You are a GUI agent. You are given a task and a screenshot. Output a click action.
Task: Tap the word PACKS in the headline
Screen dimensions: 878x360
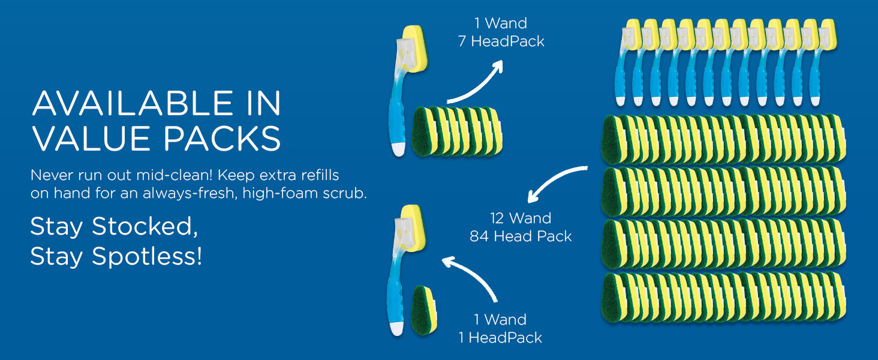point(222,139)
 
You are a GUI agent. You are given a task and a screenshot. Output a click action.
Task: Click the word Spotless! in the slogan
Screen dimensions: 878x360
point(147,256)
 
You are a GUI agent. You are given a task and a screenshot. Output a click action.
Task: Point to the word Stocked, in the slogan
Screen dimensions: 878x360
point(145,227)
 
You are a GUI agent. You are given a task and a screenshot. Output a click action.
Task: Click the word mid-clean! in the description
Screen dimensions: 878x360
point(175,175)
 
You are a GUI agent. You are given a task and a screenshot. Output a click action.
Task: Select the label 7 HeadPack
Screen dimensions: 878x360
point(501,41)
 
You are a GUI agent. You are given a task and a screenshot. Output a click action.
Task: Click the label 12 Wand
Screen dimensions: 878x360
point(521,218)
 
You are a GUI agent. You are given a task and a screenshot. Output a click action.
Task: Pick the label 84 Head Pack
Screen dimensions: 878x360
point(521,236)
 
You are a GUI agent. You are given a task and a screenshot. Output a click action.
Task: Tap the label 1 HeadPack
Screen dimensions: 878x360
point(500,338)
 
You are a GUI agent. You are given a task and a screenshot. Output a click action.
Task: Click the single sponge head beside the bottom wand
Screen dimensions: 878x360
point(424,311)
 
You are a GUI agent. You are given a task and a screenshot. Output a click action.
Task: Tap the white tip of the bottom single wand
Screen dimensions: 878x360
point(398,329)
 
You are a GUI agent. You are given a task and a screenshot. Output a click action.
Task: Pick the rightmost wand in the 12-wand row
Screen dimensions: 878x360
point(821,63)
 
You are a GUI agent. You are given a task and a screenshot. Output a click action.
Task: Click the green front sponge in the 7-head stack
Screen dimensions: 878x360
point(422,131)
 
